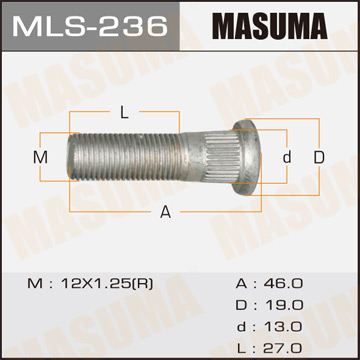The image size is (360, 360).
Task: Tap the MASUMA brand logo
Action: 267,25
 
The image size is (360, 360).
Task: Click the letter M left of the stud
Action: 41,158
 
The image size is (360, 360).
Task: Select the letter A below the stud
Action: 165,211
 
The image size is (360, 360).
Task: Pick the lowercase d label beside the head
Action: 286,158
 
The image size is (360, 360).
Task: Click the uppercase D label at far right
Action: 319,158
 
